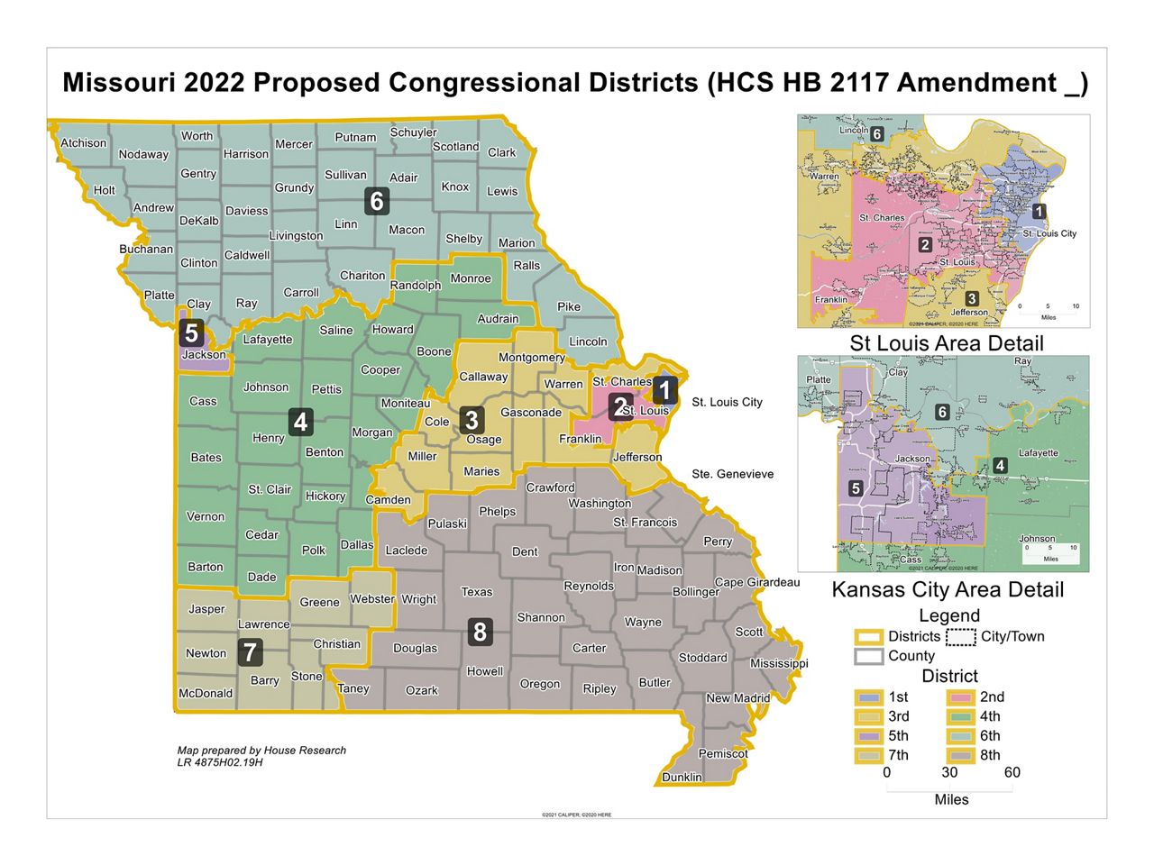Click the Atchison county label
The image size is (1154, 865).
[x=83, y=143]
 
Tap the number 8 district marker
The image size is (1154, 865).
[x=480, y=632]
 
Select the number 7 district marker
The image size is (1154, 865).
[x=250, y=651]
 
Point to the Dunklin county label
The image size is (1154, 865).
[x=682, y=777]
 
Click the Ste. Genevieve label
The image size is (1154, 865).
[x=732, y=474]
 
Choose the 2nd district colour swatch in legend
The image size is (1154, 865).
[x=960, y=697]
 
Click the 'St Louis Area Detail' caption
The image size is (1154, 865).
[x=947, y=343]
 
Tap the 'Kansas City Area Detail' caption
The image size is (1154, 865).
[x=947, y=590]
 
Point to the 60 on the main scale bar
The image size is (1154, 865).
[x=1012, y=772]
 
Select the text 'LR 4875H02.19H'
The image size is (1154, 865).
[x=220, y=762]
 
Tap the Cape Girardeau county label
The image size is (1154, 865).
[x=756, y=582]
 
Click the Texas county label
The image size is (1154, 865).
[x=476, y=592]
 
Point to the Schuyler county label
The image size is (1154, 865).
[x=413, y=132]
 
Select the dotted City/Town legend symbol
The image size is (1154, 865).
[x=961, y=637]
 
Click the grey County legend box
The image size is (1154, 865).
[x=869, y=657]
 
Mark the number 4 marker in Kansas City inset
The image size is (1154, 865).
[x=1000, y=466]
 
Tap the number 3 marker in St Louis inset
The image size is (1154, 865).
[x=971, y=299]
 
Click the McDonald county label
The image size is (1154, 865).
[x=206, y=694]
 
